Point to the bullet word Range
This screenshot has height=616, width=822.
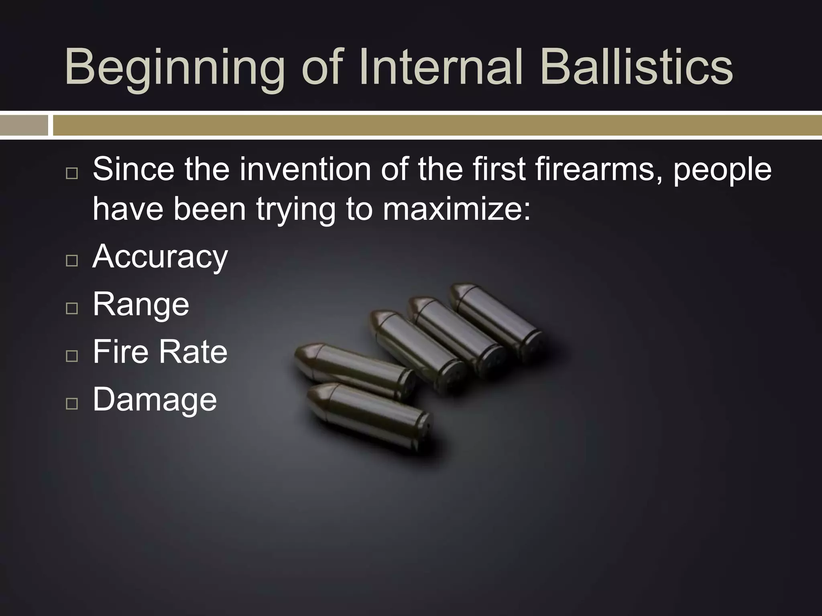pos(141,305)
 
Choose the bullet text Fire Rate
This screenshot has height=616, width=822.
pos(160,352)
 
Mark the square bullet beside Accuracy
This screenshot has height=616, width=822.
pos(72,261)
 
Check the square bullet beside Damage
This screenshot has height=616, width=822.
pos(72,403)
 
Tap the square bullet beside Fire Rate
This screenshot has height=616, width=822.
pos(72,356)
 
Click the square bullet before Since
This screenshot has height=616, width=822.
pos(72,173)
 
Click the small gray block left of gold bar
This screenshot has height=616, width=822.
pos(24,126)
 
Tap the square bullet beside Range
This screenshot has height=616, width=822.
pos(72,308)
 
